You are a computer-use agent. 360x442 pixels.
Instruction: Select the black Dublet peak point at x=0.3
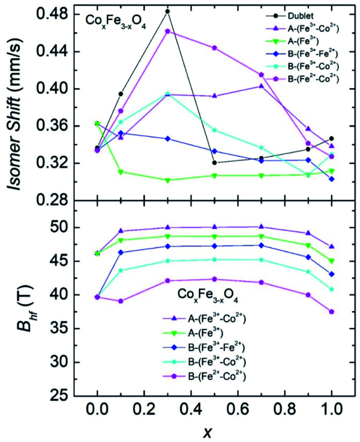pos(167,11)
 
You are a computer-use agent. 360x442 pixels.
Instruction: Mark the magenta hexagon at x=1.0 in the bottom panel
pos(331,311)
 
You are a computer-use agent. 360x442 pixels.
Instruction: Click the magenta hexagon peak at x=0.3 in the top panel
pos(167,31)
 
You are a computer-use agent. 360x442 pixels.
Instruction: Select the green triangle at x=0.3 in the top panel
pos(167,181)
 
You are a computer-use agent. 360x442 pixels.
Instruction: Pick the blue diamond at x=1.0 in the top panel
pos(331,179)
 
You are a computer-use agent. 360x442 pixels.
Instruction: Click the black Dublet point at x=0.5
pos(214,162)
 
